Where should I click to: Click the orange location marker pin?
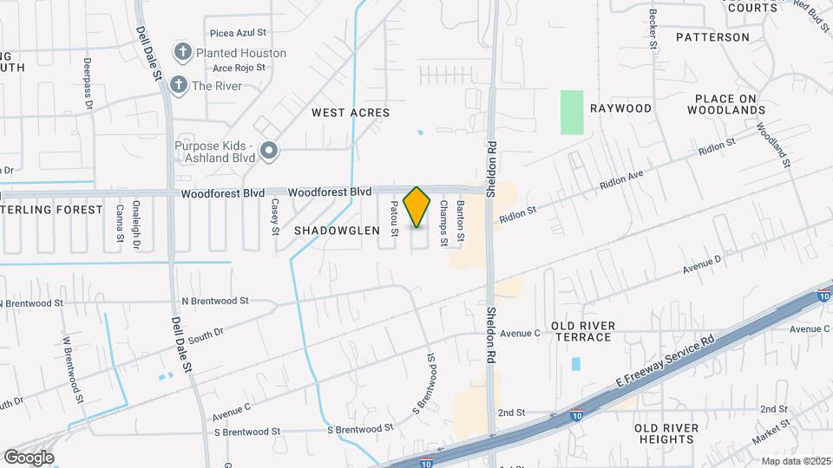(417, 207)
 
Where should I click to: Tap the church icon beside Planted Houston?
(182, 53)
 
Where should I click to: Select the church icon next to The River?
(178, 85)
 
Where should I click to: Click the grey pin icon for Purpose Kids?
(269, 152)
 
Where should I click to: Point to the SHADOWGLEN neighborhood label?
(337, 231)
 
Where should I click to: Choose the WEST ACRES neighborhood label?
(351, 113)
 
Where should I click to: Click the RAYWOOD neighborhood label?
(620, 108)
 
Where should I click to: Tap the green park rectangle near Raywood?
(572, 112)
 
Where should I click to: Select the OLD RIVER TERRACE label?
(583, 330)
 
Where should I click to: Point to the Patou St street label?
(394, 218)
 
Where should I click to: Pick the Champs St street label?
(443, 223)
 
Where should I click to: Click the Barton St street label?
(461, 220)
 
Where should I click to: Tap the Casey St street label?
(275, 217)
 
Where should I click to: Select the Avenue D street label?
(701, 263)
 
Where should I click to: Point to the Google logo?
(29, 458)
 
